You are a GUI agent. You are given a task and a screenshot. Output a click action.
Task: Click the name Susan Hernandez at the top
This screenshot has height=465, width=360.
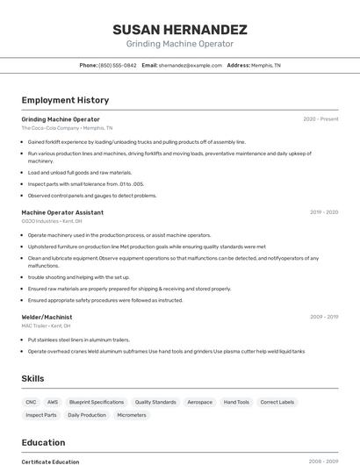(x=180, y=30)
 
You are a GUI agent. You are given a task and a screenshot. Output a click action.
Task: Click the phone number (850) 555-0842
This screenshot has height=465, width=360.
(x=117, y=66)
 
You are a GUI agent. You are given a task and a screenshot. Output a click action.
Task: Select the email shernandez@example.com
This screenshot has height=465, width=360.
(x=190, y=66)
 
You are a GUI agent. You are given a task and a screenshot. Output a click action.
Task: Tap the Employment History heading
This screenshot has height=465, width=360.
(x=65, y=101)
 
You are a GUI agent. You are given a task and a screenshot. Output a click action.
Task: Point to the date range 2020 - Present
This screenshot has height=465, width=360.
(x=320, y=119)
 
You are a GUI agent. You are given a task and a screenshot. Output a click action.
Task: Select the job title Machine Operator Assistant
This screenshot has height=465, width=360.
(x=62, y=212)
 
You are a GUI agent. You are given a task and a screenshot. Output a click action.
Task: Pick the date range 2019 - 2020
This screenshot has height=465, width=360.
(x=324, y=212)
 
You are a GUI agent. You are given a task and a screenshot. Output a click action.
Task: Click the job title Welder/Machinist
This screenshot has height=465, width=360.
(x=47, y=317)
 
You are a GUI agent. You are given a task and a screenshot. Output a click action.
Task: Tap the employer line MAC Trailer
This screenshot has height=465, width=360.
(x=46, y=325)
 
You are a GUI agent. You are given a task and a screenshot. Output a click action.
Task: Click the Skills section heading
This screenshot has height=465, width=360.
(x=33, y=378)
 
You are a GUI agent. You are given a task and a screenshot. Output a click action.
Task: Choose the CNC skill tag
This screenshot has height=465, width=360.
(x=32, y=402)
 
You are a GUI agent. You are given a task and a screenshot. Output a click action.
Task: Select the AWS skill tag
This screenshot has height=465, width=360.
(x=53, y=402)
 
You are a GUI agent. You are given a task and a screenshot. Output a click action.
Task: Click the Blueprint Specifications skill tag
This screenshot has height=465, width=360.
(x=97, y=402)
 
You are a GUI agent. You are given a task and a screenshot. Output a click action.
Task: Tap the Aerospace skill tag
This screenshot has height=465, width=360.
(x=199, y=402)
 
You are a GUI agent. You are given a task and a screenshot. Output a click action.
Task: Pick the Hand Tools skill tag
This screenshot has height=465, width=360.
(x=236, y=402)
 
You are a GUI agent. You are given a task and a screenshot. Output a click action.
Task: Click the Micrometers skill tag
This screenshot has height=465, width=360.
(x=132, y=415)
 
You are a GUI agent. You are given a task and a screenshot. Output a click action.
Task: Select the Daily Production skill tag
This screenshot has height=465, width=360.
(x=87, y=415)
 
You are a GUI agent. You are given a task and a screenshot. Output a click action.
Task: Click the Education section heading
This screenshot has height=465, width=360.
(x=43, y=443)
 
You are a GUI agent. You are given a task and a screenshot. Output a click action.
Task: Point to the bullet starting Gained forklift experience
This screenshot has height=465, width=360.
(x=136, y=141)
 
